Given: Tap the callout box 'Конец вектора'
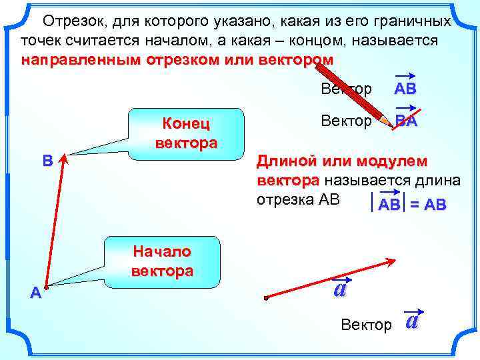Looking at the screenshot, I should click(186, 133).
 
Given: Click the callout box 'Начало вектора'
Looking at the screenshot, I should click(163, 261).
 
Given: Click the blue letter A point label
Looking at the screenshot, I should click(35, 292).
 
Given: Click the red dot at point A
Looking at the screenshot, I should click(47, 283).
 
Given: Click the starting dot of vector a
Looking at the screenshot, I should click(265, 298).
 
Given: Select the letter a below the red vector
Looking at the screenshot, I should click(339, 289).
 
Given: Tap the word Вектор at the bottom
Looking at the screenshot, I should click(366, 325).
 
